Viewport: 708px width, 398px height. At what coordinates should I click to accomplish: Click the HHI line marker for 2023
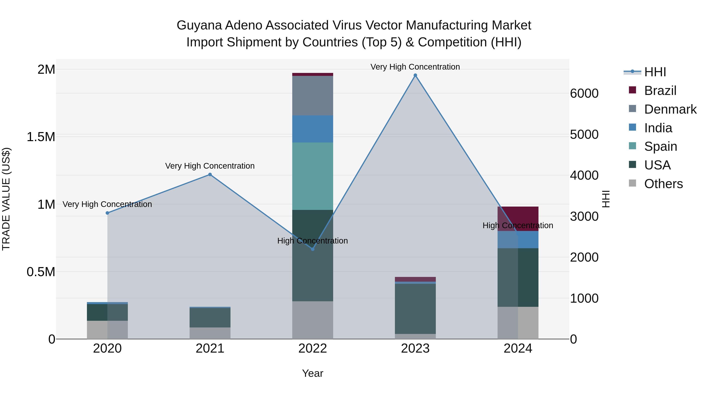point(415,75)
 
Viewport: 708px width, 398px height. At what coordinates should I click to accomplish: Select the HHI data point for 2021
point(210,174)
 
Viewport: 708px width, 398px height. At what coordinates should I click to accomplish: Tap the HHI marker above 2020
point(107,213)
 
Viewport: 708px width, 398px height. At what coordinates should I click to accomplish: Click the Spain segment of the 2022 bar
point(313,176)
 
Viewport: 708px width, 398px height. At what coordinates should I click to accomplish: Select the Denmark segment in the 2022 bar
point(313,96)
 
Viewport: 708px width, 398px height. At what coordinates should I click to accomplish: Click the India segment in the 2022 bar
point(313,129)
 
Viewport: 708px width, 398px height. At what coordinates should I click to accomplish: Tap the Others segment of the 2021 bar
point(210,333)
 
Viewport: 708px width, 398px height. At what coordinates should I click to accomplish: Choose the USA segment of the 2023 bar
point(415,309)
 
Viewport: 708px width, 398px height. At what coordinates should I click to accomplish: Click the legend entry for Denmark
point(670,109)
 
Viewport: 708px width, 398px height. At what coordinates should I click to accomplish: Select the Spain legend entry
point(660,146)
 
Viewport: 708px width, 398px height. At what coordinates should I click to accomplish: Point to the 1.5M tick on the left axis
point(41,137)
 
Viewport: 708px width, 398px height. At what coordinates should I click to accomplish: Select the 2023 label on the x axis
point(415,348)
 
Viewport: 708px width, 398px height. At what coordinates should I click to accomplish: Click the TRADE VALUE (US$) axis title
point(6,199)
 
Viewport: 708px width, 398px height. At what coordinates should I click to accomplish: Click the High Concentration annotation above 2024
point(518,225)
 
